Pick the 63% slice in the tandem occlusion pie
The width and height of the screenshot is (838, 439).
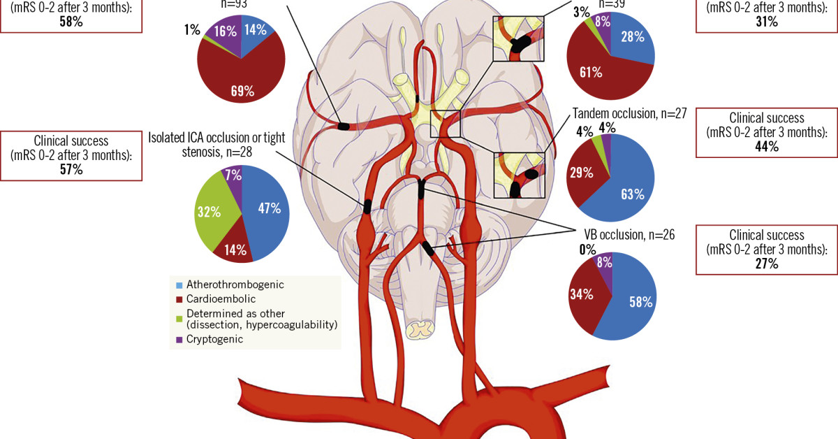tap(633, 194)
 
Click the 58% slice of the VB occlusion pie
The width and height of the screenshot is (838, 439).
tap(640, 302)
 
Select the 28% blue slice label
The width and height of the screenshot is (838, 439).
tap(632, 36)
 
